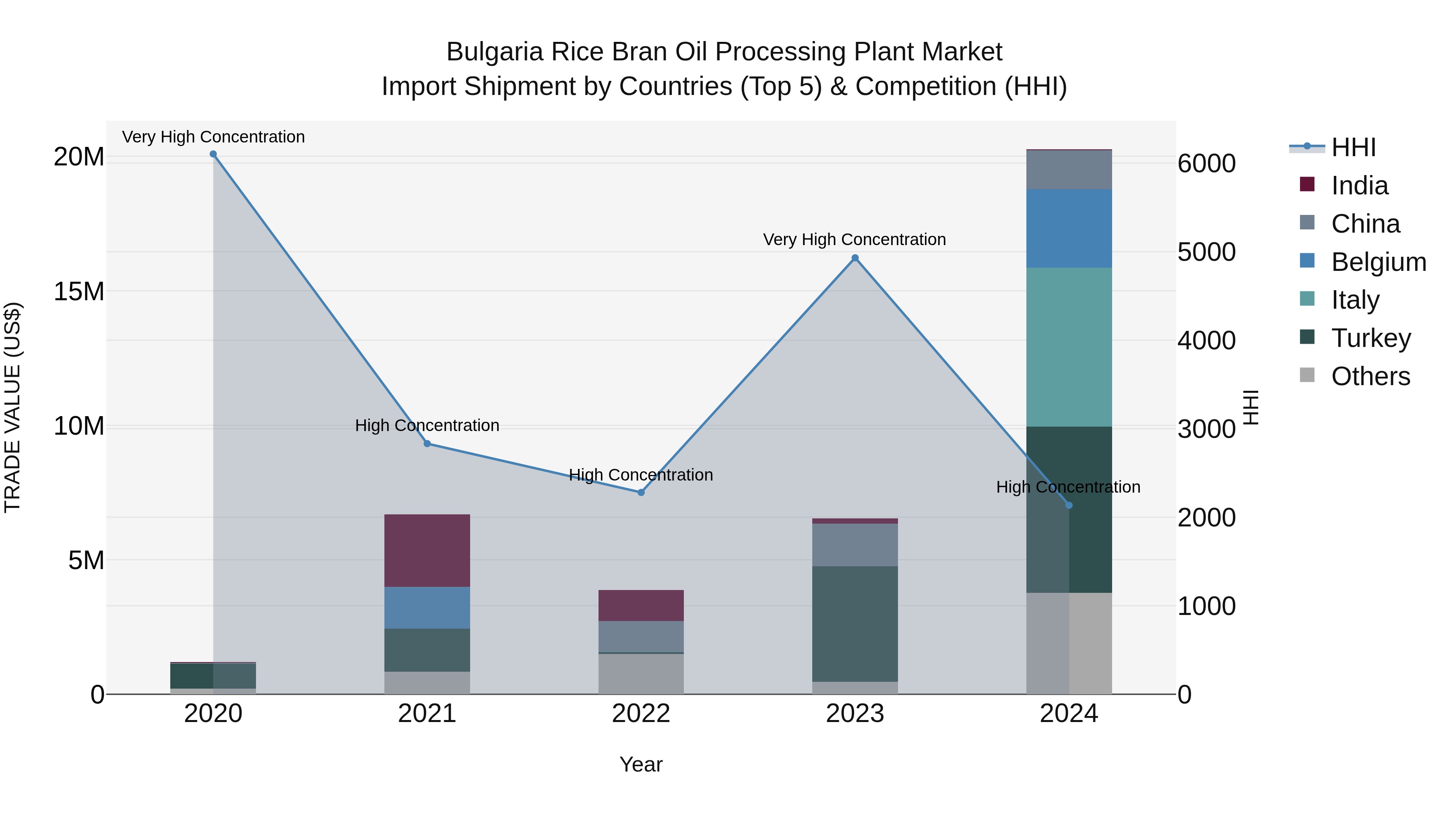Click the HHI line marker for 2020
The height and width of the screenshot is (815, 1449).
click(x=213, y=154)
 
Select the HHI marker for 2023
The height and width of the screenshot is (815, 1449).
click(x=855, y=258)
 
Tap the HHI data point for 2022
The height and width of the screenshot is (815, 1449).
click(x=641, y=492)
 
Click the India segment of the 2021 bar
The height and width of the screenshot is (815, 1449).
click(x=427, y=550)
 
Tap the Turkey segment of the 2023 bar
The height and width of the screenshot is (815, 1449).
click(x=855, y=624)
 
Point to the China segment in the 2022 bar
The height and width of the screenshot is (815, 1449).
click(x=641, y=636)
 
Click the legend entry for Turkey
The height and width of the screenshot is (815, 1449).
click(x=1370, y=338)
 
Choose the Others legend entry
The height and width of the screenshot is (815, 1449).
click(x=1370, y=376)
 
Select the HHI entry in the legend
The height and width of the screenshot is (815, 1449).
click(x=1353, y=147)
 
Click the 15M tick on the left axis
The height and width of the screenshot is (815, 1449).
click(x=79, y=291)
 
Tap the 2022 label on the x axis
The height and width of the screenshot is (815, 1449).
click(x=641, y=714)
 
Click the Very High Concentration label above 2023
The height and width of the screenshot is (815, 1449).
click(x=855, y=239)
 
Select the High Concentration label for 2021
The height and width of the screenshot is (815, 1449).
click(x=427, y=425)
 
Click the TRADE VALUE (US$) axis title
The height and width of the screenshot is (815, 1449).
click(x=13, y=407)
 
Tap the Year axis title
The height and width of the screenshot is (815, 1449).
click(x=641, y=764)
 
